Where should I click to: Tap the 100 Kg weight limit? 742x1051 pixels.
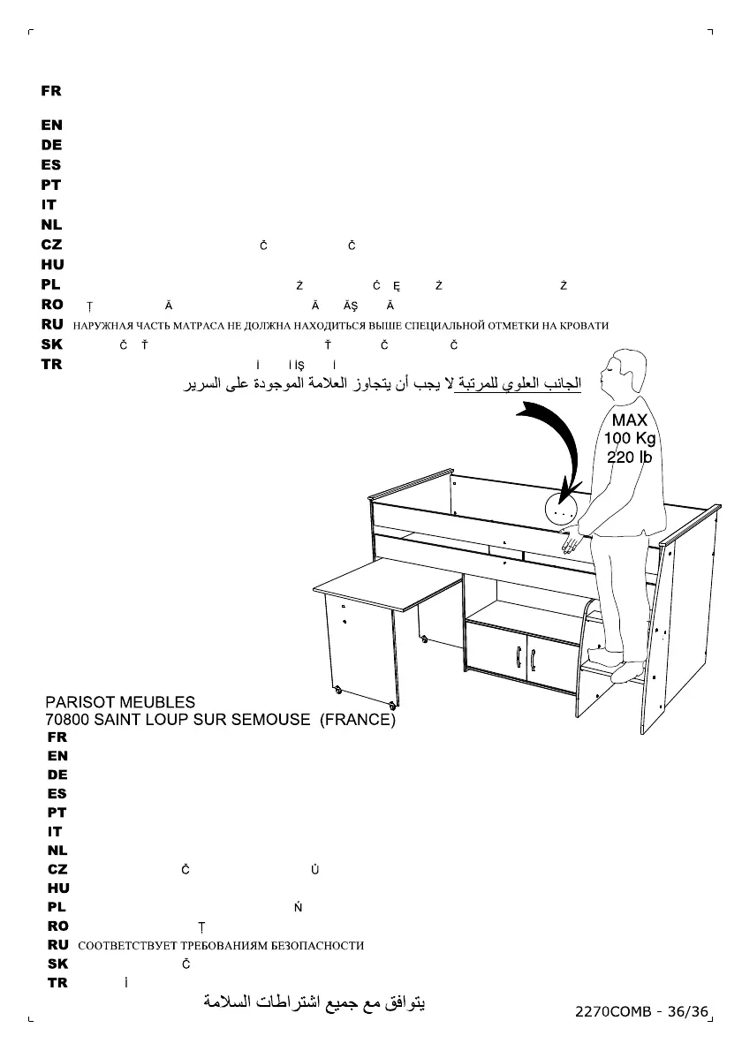pos(630,438)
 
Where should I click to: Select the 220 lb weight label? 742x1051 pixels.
pos(629,457)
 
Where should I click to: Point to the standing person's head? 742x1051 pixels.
pos(624,371)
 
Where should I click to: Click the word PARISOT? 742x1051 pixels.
pos(80,703)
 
